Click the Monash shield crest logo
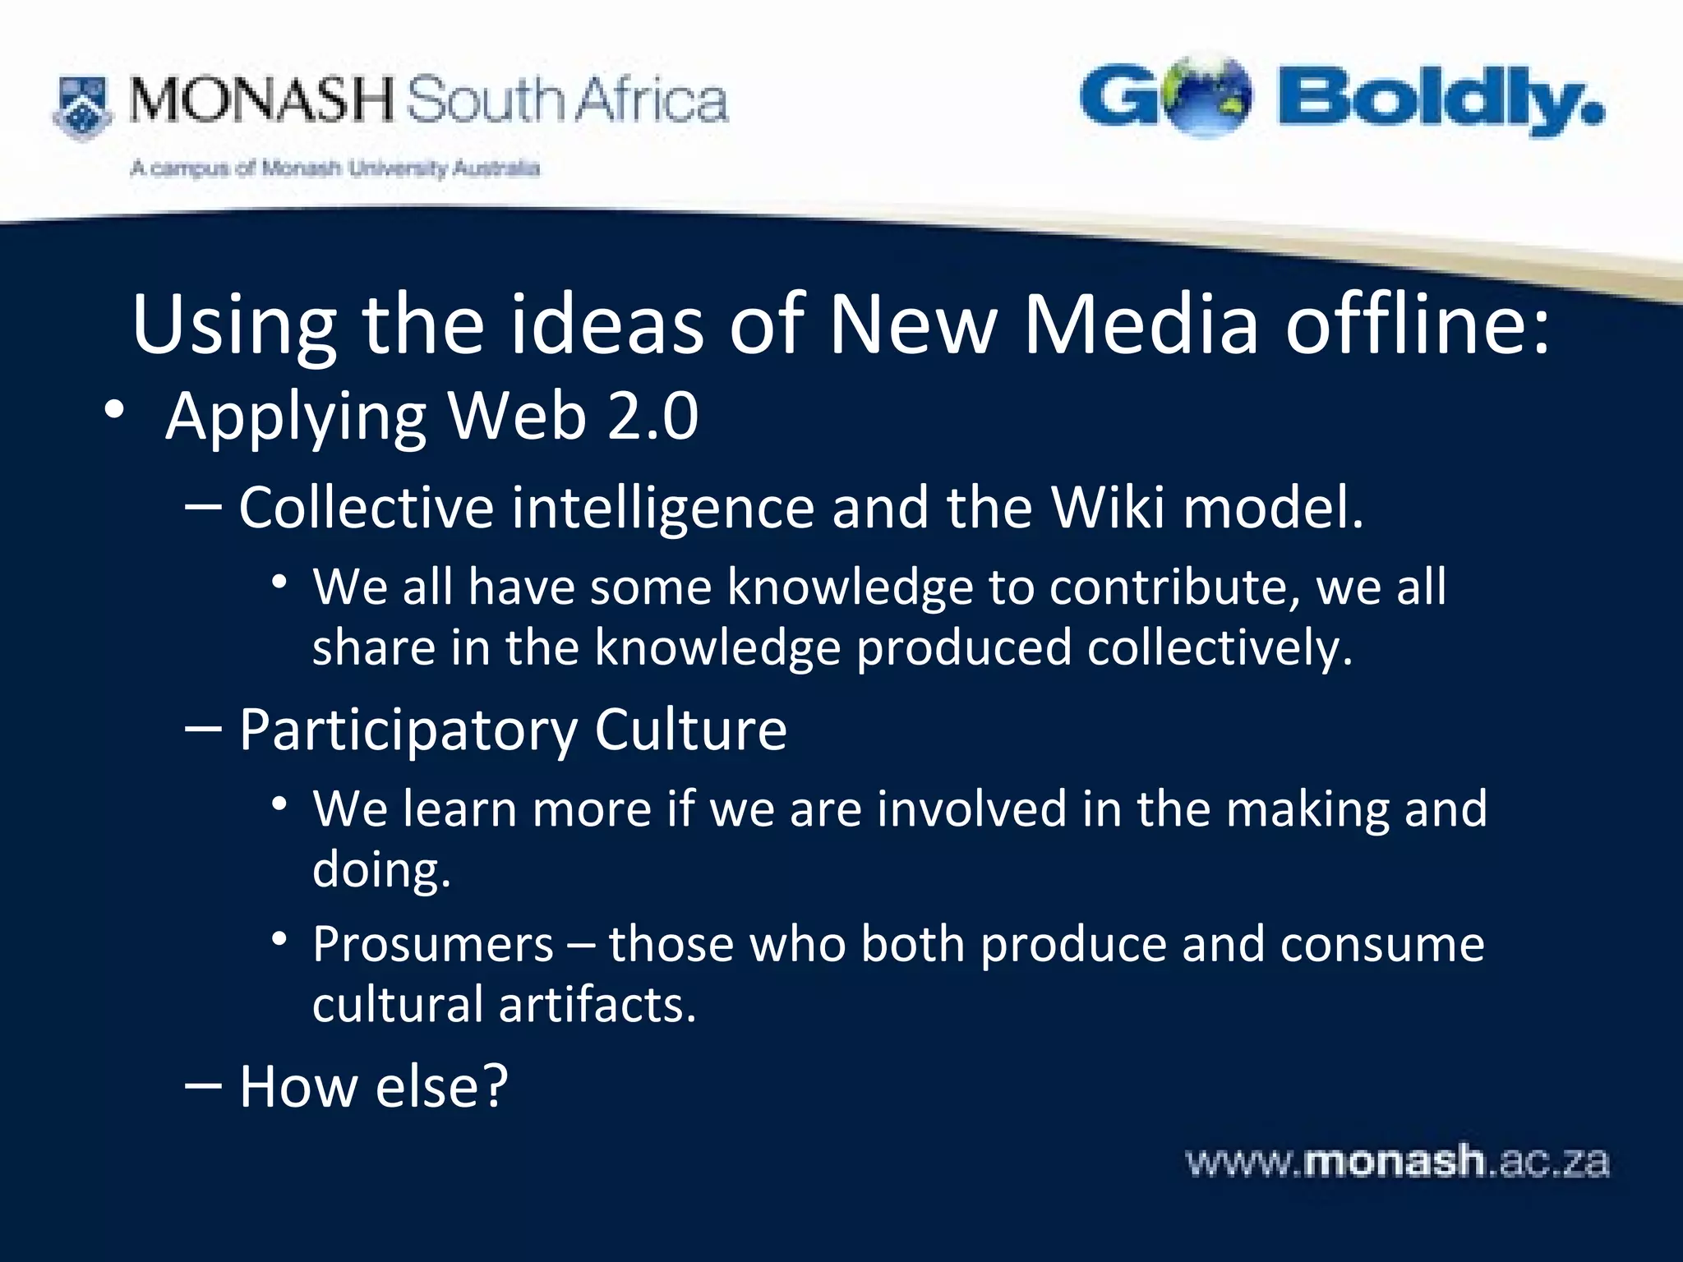81,107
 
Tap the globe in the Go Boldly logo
1208,96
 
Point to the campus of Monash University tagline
334,169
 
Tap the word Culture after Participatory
690,730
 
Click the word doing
380,870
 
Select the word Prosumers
433,944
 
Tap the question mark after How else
492,1086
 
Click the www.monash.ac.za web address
1397,1163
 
